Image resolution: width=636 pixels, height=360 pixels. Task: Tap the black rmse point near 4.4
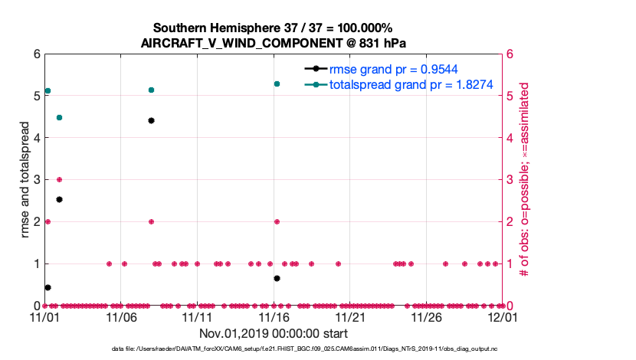point(151,120)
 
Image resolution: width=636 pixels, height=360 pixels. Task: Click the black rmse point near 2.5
point(59,199)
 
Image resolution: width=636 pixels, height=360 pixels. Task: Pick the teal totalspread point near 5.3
point(277,83)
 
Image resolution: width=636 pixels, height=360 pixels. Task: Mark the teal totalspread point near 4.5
point(59,117)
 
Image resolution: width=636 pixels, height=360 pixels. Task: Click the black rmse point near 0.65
point(277,278)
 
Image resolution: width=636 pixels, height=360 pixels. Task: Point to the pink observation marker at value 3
point(59,179)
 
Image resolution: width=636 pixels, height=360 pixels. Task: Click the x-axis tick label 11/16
point(273,316)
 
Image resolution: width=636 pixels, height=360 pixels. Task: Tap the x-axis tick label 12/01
point(503,316)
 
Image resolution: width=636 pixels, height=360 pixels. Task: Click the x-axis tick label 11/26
point(426,316)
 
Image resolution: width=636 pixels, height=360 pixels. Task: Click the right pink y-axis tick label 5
point(510,97)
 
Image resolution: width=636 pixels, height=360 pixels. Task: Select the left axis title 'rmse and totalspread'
point(24,180)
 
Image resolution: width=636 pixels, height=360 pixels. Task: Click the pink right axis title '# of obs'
point(525,180)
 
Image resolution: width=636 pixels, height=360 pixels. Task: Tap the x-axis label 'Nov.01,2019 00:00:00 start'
point(274,333)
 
